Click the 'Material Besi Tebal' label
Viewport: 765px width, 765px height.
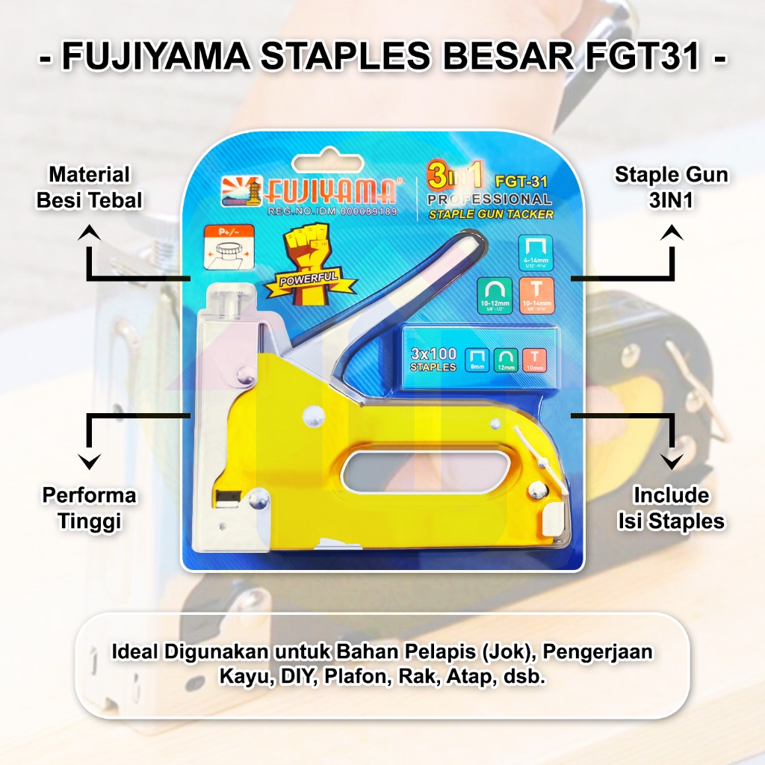89,188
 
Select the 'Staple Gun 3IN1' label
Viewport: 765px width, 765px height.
671,188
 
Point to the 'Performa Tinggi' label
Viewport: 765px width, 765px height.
89,508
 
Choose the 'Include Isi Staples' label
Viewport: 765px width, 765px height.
671,508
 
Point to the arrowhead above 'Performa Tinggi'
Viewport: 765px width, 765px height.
90,462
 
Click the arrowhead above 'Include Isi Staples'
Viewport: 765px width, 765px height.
672,462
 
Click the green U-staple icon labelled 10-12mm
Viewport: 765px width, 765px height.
495,296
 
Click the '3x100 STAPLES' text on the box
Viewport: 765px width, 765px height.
434,359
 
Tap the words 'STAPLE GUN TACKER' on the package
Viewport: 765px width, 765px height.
491,215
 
